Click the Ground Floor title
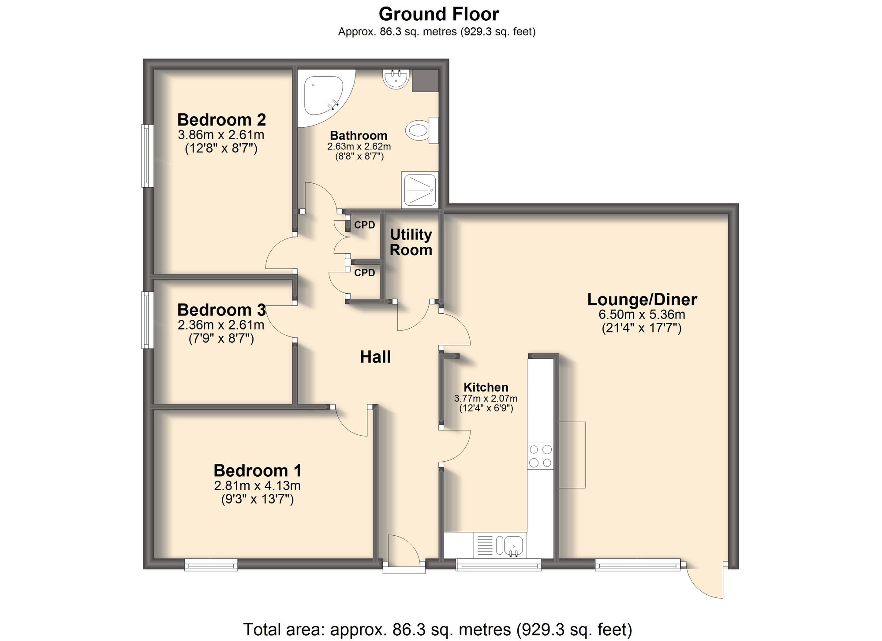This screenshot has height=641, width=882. (x=438, y=14)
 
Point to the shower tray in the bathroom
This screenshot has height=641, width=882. (x=419, y=189)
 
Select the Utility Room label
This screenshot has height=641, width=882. (x=411, y=242)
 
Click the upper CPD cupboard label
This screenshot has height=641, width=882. (x=364, y=225)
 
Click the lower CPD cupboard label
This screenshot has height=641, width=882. (x=364, y=273)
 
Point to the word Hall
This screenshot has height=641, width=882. (x=375, y=357)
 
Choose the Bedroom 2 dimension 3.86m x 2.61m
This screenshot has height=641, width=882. (x=221, y=135)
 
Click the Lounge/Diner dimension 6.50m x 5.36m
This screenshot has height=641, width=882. (x=642, y=315)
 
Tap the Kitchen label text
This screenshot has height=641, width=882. (x=486, y=387)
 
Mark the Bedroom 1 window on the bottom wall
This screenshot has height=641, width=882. (x=211, y=564)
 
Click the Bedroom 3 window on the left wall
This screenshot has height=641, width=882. (x=147, y=320)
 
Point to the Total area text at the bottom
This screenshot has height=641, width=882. (x=437, y=629)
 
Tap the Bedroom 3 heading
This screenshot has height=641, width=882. (x=221, y=310)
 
